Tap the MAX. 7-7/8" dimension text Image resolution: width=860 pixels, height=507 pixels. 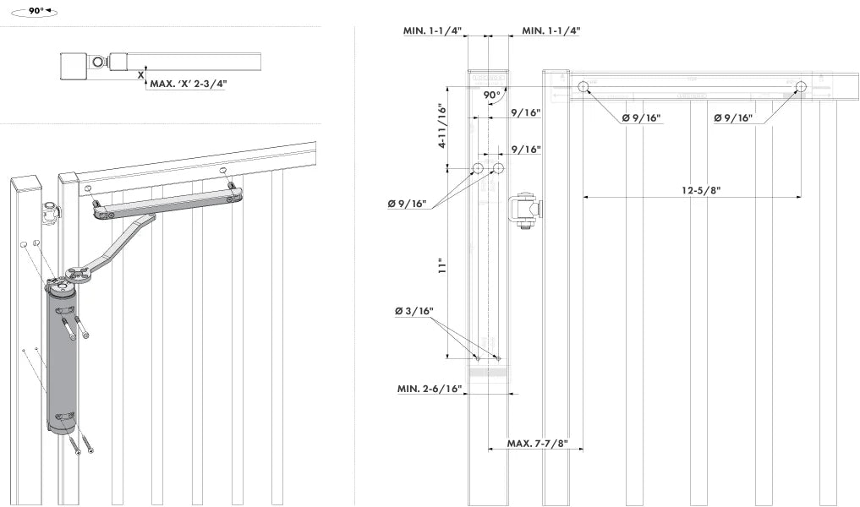(x=536, y=444)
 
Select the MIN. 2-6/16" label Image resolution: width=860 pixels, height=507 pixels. (x=430, y=390)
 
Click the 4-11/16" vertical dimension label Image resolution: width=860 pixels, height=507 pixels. (x=441, y=126)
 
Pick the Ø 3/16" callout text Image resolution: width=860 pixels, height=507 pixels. (x=414, y=312)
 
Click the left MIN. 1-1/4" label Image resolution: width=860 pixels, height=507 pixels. (x=431, y=30)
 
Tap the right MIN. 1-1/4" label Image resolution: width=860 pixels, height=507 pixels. (x=551, y=30)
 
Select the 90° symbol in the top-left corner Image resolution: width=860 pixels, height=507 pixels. (x=35, y=13)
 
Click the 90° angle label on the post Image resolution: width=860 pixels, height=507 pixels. (x=492, y=95)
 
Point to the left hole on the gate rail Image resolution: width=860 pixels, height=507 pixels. (x=583, y=86)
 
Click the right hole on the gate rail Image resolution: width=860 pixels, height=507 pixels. (x=801, y=86)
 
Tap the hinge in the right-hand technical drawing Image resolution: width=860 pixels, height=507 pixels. (x=523, y=211)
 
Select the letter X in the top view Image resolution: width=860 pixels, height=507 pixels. (x=140, y=75)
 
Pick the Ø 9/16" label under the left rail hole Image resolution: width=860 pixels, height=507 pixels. (x=640, y=118)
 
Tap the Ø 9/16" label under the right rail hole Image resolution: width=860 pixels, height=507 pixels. (x=732, y=118)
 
